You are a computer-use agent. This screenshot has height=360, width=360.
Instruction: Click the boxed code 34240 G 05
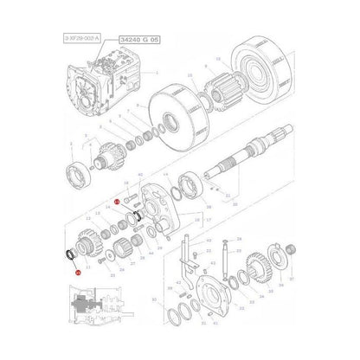click(135, 38)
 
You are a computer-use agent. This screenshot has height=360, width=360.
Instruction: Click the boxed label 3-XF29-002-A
click(80, 38)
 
